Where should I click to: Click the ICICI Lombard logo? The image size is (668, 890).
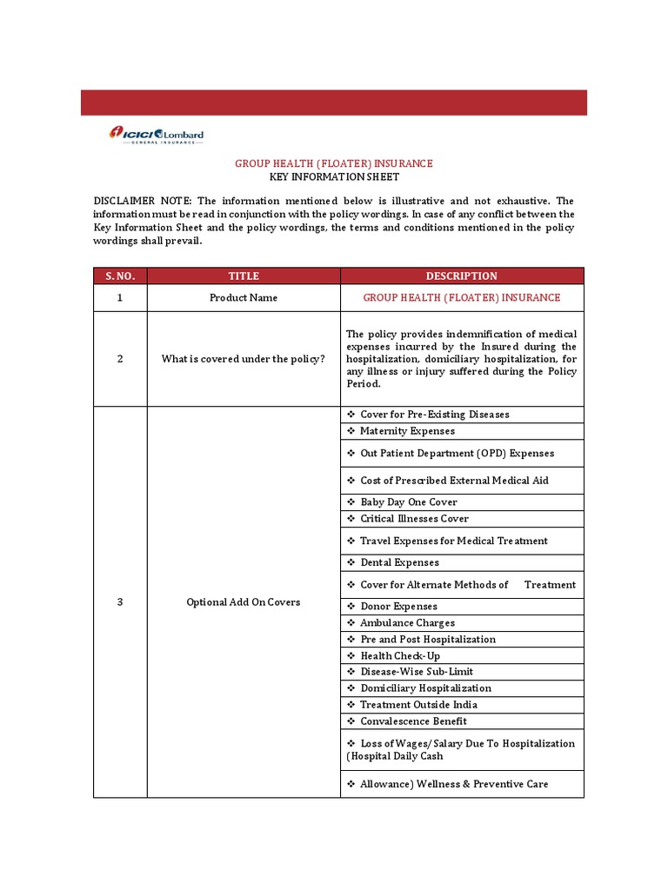tap(156, 135)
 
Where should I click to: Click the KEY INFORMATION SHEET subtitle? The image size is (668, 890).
tap(334, 176)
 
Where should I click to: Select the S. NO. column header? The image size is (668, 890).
tap(120, 276)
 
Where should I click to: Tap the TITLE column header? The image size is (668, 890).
tap(244, 276)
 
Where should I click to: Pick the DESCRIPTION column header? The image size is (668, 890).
tap(461, 276)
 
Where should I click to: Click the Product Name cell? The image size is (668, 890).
tap(244, 297)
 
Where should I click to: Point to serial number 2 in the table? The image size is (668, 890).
tap(120, 359)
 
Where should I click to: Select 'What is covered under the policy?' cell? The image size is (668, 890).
tap(244, 359)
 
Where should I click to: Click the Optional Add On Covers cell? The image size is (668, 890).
tap(244, 602)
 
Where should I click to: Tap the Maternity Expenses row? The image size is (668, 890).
tap(407, 431)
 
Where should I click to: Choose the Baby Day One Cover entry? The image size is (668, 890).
tap(408, 502)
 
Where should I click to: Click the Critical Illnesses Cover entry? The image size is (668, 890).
tap(414, 519)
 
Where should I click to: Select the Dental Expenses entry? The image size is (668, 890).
tap(399, 562)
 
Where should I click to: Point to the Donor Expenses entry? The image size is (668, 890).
tap(398, 607)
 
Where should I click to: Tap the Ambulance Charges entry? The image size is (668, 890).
tap(407, 623)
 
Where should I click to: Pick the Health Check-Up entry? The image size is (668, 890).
tap(400, 656)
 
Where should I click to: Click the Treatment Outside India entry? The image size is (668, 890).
tap(418, 705)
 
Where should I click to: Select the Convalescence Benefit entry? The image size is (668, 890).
tap(413, 721)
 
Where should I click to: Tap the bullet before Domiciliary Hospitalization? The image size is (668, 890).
tap(351, 688)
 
